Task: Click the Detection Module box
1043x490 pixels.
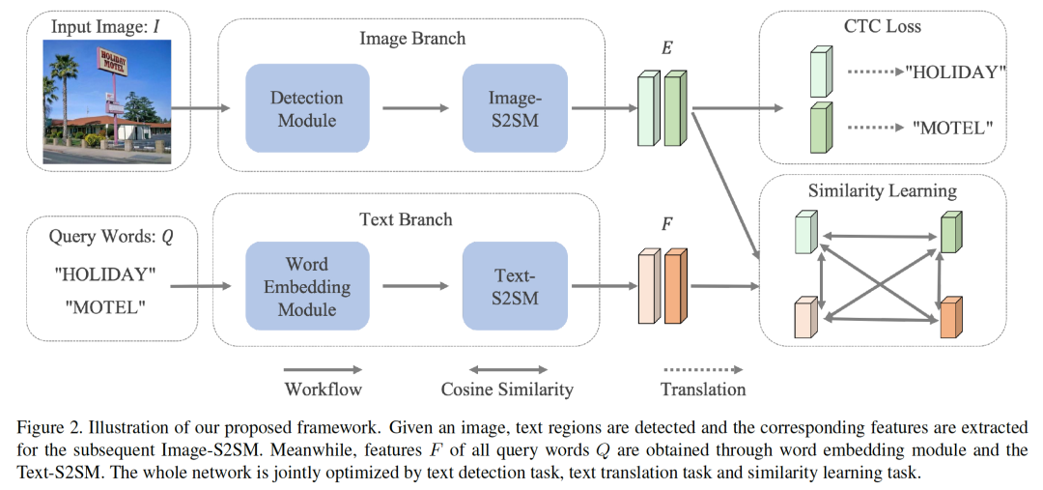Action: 307,108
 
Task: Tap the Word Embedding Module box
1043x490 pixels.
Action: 307,287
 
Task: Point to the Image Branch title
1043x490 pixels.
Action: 412,39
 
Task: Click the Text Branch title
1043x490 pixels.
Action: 412,218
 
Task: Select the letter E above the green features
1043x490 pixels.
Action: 666,46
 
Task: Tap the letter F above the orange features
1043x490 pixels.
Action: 666,225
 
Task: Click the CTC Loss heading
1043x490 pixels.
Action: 883,26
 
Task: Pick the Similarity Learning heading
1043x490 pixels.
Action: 883,190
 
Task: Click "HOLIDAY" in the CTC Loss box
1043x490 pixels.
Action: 957,72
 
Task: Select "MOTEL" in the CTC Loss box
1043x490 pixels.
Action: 953,127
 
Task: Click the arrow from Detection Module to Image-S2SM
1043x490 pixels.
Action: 415,108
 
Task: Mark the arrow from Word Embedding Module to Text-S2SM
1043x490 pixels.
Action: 415,287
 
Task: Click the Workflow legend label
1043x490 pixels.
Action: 323,389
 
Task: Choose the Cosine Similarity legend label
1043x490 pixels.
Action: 507,389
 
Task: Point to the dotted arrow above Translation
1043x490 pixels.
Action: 702,369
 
